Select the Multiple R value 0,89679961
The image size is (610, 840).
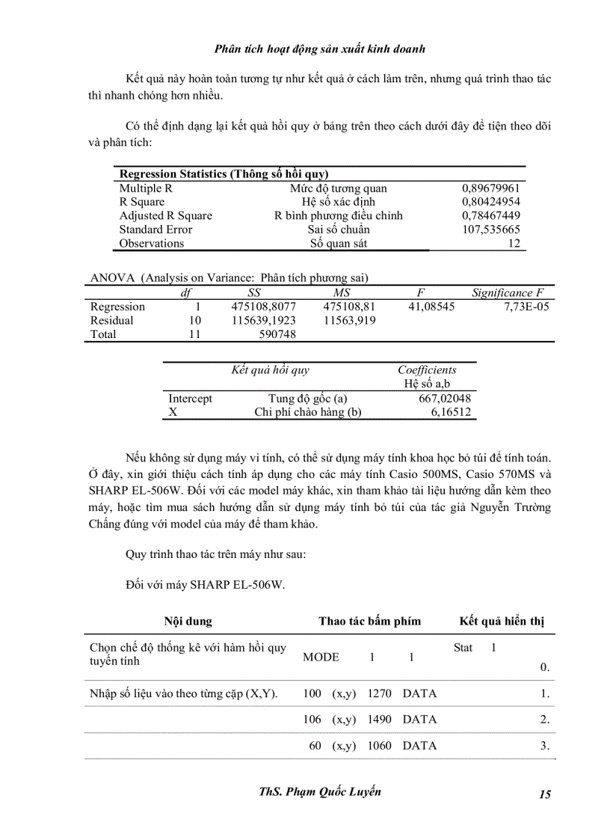coord(491,188)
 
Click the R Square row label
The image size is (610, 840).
coord(142,202)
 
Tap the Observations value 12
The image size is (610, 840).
coord(513,243)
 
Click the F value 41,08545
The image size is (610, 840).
coord(430,307)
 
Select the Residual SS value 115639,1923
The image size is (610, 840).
coord(259,320)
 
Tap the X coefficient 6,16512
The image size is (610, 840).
coord(451,412)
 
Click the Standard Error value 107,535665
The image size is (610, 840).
coord(491,230)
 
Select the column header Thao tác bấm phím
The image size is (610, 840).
coord(369,621)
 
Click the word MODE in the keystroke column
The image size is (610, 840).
coord(321,657)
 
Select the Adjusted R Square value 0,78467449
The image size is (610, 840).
coord(491,215)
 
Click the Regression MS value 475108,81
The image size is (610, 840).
coord(349,307)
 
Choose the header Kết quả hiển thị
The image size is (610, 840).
coord(502,621)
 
